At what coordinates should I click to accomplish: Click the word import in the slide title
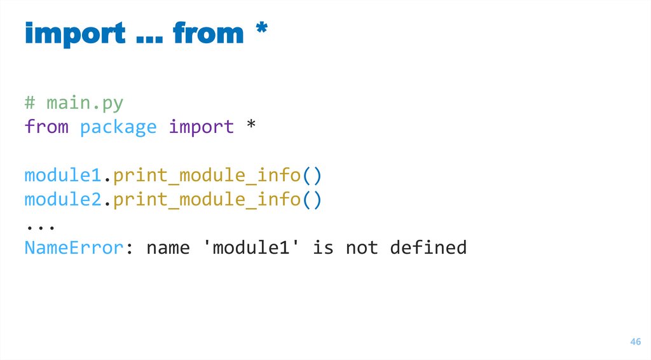pyautogui.click(x=75, y=33)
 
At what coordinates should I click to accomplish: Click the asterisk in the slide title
pyautogui.click(x=260, y=29)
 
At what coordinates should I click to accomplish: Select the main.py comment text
pyautogui.click(x=74, y=103)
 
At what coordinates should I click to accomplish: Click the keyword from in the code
pyautogui.click(x=46, y=127)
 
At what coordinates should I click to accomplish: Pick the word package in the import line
pyautogui.click(x=118, y=127)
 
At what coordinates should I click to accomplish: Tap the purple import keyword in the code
pyautogui.click(x=201, y=127)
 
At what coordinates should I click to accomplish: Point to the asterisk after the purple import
pyautogui.click(x=250, y=125)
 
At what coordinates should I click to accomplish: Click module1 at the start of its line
pyautogui.click(x=63, y=175)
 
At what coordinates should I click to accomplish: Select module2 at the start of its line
pyautogui.click(x=63, y=199)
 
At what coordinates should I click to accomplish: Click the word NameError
pyautogui.click(x=73, y=247)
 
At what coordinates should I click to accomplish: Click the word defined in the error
pyautogui.click(x=428, y=247)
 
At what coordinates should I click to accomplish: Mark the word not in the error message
pyautogui.click(x=362, y=247)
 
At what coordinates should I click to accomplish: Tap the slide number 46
pyautogui.click(x=634, y=342)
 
